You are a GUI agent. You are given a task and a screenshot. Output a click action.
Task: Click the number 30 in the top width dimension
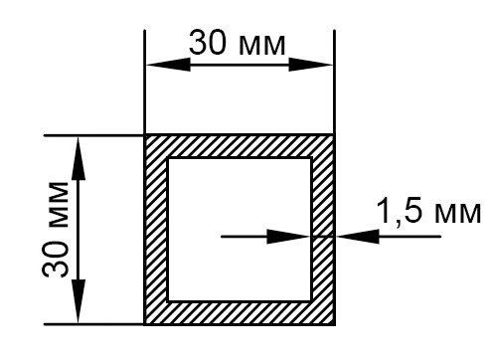pos(208,43)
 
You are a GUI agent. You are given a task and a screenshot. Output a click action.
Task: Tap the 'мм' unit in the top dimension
pos(262,46)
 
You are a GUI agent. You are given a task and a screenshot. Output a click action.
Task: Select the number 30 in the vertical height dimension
pos(56,259)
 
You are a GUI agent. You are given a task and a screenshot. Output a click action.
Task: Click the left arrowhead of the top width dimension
pos(168,65)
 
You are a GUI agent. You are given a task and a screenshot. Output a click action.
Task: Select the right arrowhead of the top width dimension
pos(310,65)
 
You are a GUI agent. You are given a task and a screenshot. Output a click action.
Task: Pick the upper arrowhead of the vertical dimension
pos(79,158)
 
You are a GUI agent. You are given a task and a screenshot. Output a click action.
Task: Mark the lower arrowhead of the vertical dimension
pos(79,301)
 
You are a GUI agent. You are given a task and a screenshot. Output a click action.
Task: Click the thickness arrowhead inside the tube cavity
pos(288,237)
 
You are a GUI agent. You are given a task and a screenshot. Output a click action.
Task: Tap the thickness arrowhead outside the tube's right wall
pos(358,237)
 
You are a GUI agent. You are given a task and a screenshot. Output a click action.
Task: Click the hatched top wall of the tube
pos(240,146)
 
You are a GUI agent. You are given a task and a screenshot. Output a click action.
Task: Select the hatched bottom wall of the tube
pos(240,312)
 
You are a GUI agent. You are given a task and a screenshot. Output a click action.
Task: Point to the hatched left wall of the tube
pos(156,230)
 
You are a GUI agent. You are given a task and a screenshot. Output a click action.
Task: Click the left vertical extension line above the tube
pos(145,82)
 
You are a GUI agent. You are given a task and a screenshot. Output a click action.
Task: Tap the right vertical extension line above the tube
pos(334,82)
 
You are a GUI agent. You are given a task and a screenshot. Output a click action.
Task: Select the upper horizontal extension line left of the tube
pos(93,135)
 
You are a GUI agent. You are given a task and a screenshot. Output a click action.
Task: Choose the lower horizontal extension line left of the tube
pos(93,324)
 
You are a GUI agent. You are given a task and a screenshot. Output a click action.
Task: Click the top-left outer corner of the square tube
pos(145,135)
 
